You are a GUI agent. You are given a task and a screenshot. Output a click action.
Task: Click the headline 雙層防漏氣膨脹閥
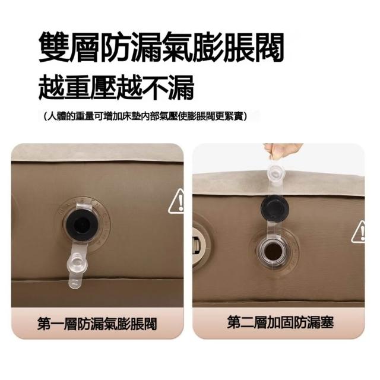click(161, 47)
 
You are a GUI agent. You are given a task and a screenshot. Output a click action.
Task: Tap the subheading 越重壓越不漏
click(116, 87)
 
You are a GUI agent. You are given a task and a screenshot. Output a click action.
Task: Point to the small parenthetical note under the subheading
click(145, 116)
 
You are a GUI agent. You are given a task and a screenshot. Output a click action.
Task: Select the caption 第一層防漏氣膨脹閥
click(97, 324)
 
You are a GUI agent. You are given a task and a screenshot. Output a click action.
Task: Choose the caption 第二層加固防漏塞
click(280, 322)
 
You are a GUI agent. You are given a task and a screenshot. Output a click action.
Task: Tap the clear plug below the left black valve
click(78, 261)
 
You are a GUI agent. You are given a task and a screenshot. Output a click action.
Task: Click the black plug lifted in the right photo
click(274, 207)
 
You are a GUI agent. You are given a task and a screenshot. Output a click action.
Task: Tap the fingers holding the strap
click(283, 150)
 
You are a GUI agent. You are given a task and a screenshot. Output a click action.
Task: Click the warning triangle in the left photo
click(176, 202)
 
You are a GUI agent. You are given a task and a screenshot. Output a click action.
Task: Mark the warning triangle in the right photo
click(358, 232)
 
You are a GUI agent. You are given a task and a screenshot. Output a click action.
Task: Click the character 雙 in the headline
click(54, 47)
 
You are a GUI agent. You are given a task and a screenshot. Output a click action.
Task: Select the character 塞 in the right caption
click(328, 322)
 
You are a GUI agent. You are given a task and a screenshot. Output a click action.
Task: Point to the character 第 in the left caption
click(44, 324)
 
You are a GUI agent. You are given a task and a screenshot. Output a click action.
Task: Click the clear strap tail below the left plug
click(75, 280)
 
